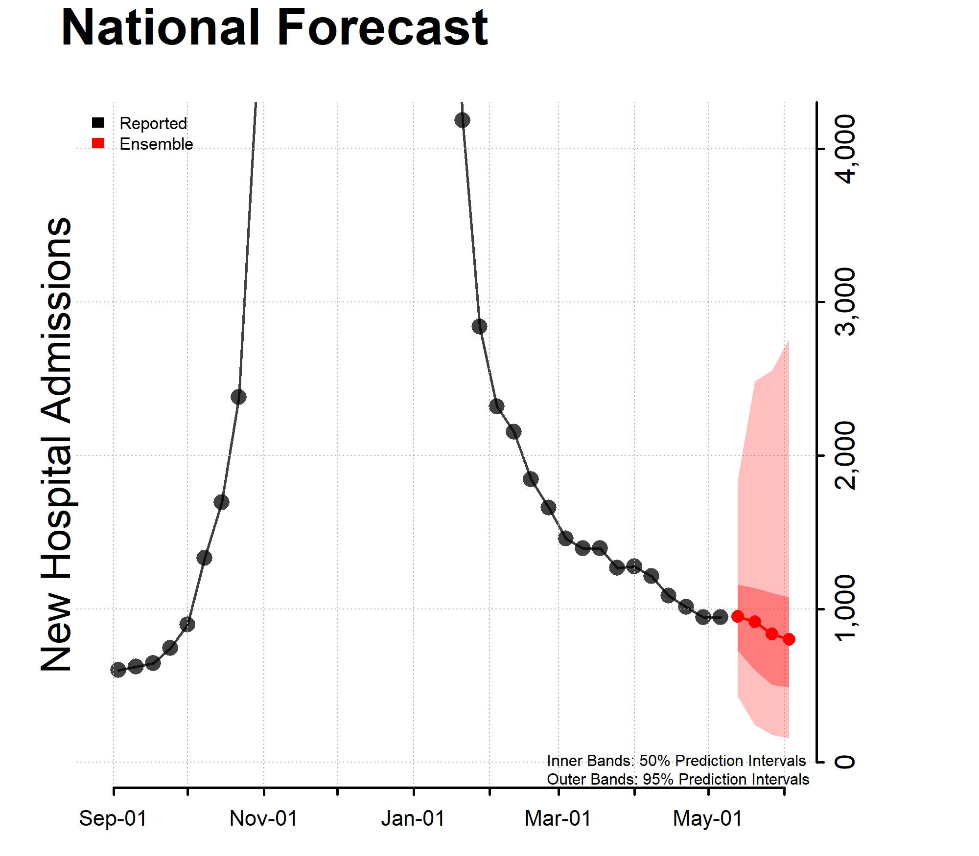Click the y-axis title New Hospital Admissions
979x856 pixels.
56,445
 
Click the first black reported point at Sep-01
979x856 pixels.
118,670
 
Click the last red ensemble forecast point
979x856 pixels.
789,639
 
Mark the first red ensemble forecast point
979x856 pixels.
738,616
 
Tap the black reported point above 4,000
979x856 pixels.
462,120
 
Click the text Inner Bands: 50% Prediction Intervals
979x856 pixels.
676,761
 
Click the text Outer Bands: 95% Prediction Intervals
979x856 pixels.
677,779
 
